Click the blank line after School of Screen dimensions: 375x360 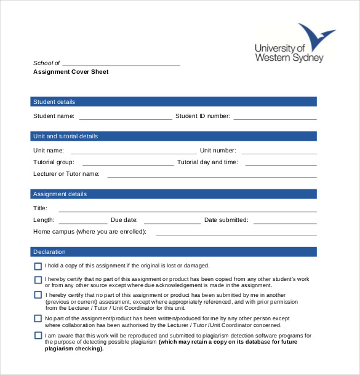tap(121, 64)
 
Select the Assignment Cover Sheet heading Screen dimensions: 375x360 tap(70, 72)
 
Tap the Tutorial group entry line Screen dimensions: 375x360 tap(128, 164)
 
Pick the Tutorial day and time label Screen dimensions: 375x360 tap(207, 162)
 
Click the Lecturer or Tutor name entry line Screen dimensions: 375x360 tap(212, 176)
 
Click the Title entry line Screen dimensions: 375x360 tap(188, 210)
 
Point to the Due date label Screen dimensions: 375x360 tap(124, 219)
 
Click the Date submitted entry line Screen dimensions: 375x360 tap(285, 222)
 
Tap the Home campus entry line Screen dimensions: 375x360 tap(236, 234)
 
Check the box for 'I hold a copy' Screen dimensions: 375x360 tap(38, 266)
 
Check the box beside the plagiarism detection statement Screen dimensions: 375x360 tap(38, 336)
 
